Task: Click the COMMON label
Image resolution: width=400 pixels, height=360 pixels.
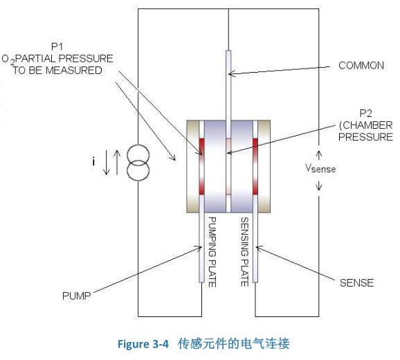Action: coord(361,66)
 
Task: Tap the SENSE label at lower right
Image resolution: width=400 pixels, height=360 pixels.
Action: coord(356,282)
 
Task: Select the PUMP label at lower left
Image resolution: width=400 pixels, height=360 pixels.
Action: coord(77,296)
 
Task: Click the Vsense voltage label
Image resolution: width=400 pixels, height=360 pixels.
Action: coord(320,168)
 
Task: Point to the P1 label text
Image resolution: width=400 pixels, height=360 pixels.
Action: coord(57,47)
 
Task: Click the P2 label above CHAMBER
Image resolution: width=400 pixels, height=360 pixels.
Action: coord(365,114)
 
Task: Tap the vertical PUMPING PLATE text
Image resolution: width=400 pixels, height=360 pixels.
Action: coord(212,252)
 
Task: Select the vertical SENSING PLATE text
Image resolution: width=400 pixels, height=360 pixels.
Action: coord(245,252)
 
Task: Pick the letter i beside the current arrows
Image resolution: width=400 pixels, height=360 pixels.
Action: coord(93,161)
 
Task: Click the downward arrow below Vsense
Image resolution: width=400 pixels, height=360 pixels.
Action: coord(318,186)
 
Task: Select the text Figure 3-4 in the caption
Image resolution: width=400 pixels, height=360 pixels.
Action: coord(143,344)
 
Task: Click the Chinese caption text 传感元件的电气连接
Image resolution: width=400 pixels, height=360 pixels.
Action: coord(234,343)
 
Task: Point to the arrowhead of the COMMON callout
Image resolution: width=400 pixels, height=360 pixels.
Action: coord(229,74)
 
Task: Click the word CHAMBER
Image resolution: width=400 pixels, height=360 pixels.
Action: coord(367,125)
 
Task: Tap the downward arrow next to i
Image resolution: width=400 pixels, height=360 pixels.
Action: coord(107,163)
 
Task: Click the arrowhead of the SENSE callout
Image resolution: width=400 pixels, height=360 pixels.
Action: coord(256,247)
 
